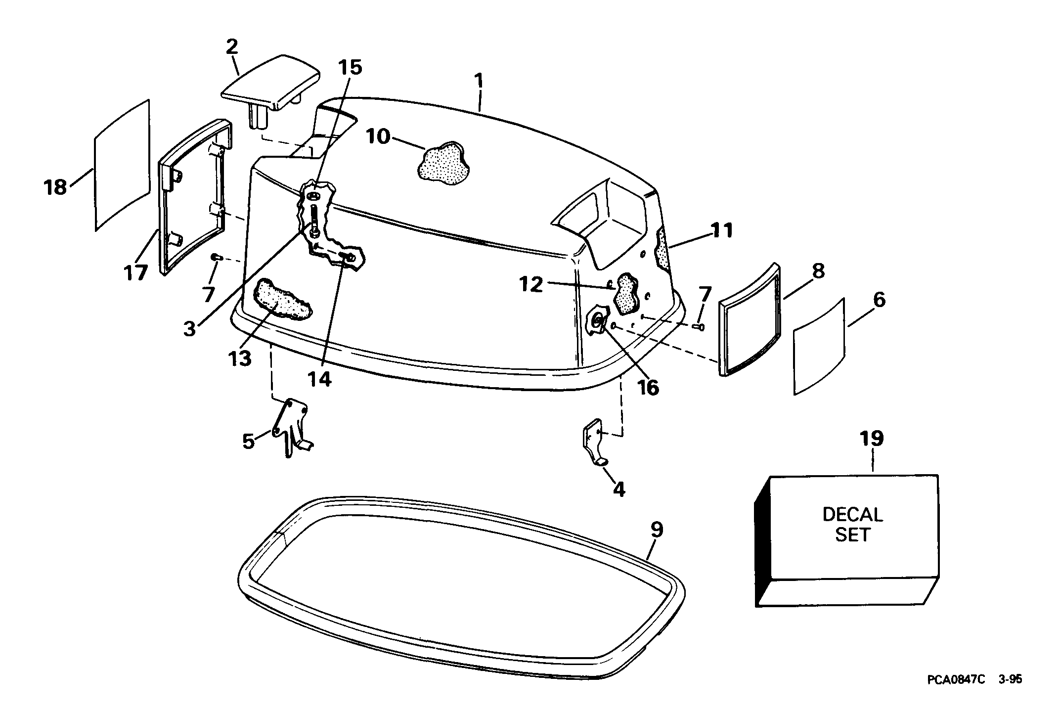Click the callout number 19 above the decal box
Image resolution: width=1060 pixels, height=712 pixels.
click(x=872, y=439)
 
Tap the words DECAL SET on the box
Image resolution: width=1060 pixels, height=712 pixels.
click(x=853, y=525)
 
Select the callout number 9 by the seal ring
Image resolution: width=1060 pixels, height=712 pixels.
click(x=657, y=530)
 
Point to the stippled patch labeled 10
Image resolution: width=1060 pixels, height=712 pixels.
click(x=443, y=165)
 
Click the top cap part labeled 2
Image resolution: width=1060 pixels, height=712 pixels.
click(x=271, y=87)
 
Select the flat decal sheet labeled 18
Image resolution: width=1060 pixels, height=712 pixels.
click(x=122, y=165)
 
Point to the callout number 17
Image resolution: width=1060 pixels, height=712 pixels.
click(x=135, y=272)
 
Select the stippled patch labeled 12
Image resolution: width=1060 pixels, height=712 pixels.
click(x=625, y=294)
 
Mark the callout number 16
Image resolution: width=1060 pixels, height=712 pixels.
click(x=648, y=388)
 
